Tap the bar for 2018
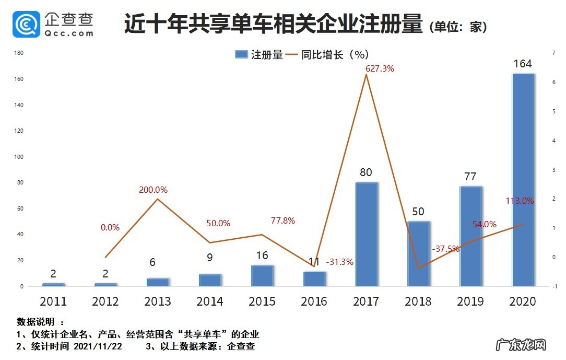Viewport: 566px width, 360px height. click(x=418, y=254)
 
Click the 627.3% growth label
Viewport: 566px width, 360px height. click(x=380, y=68)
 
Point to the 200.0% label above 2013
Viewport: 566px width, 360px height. click(x=153, y=190)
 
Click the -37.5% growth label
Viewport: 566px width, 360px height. click(x=445, y=249)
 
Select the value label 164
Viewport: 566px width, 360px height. click(x=523, y=64)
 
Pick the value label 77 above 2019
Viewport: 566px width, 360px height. click(x=470, y=177)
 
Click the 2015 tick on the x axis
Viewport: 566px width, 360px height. click(x=262, y=301)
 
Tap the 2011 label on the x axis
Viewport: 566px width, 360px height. click(x=54, y=301)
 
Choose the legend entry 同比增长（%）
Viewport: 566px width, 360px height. click(x=334, y=54)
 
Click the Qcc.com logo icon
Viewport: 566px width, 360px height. click(x=27, y=24)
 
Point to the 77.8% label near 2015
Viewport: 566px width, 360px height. click(x=283, y=221)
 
